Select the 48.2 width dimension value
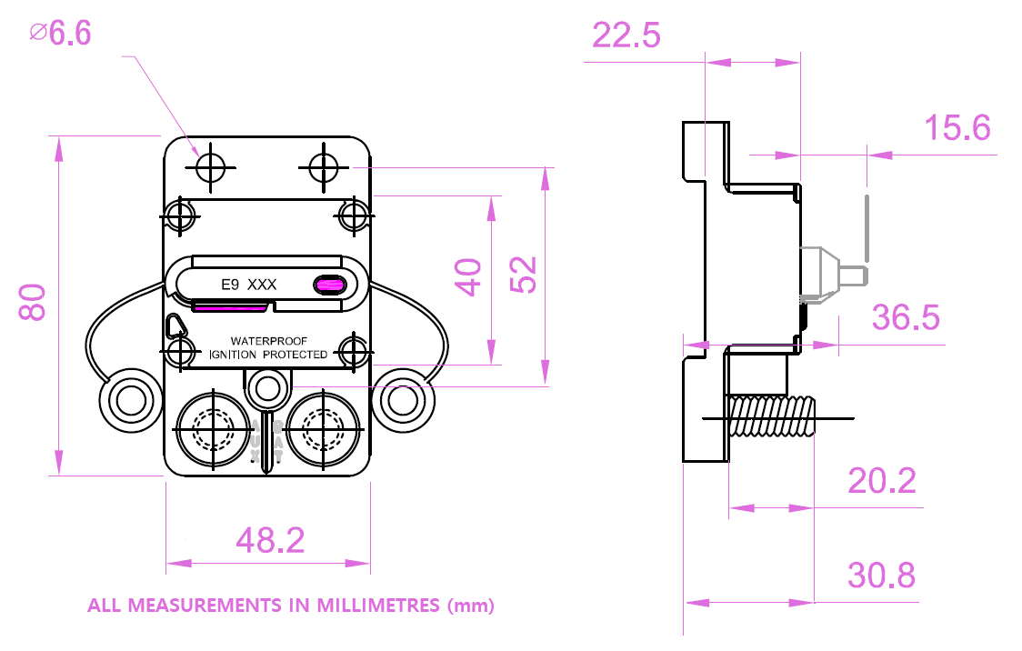pos(270,541)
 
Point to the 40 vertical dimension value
pos(469,277)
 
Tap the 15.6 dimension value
pos(957,128)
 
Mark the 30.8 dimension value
pos(881,576)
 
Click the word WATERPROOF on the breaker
pos(269,341)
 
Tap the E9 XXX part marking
pos(249,285)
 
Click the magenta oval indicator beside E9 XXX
pos(330,285)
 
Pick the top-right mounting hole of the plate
pos(324,167)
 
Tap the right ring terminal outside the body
pos(402,399)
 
